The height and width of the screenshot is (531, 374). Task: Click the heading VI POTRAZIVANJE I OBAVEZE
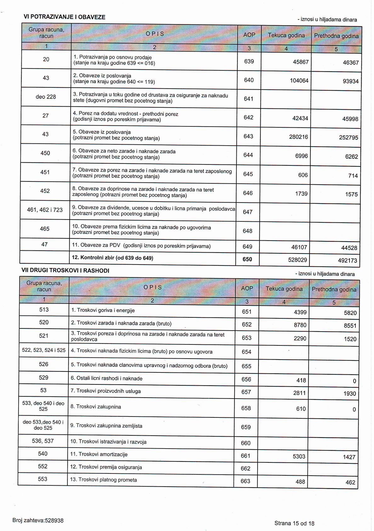click(x=65, y=17)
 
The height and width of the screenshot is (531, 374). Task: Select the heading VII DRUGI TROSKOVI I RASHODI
click(x=65, y=271)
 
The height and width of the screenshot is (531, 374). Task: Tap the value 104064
click(x=299, y=81)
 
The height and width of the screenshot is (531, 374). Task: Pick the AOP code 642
click(x=248, y=117)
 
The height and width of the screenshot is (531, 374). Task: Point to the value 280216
click(x=298, y=137)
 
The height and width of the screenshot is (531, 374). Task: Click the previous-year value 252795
click(x=348, y=138)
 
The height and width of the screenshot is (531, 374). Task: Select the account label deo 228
click(x=46, y=97)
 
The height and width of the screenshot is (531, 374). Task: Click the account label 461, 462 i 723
click(x=45, y=210)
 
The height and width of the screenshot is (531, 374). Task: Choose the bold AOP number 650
click(x=247, y=260)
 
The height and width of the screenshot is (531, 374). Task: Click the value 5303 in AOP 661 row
click(x=299, y=456)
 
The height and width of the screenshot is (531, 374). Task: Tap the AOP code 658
click(x=246, y=408)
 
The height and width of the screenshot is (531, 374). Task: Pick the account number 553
click(x=42, y=479)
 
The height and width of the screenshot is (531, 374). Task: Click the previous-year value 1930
click(x=349, y=394)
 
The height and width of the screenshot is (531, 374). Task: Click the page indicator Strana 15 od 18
click(x=294, y=523)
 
